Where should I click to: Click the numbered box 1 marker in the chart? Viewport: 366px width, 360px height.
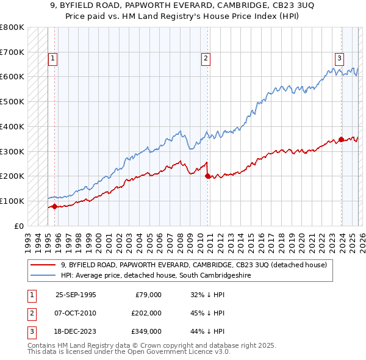tap(53, 59)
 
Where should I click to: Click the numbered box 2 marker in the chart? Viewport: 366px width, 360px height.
tap(206, 59)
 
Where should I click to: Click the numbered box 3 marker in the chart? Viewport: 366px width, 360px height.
tap(339, 59)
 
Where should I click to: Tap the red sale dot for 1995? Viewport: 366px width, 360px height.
tap(55, 206)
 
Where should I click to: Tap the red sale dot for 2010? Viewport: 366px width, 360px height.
tap(207, 176)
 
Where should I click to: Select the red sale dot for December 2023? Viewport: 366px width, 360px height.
tap(341, 139)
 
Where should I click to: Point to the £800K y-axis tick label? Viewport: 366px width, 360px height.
tap(12, 27)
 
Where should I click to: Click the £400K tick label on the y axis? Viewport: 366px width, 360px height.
tap(12, 126)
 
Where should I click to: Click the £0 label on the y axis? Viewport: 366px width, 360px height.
tap(18, 226)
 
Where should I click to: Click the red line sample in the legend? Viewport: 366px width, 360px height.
tap(43, 265)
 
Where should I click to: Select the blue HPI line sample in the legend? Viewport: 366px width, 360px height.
tap(43, 275)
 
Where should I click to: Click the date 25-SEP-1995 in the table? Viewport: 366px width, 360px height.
tap(76, 294)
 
